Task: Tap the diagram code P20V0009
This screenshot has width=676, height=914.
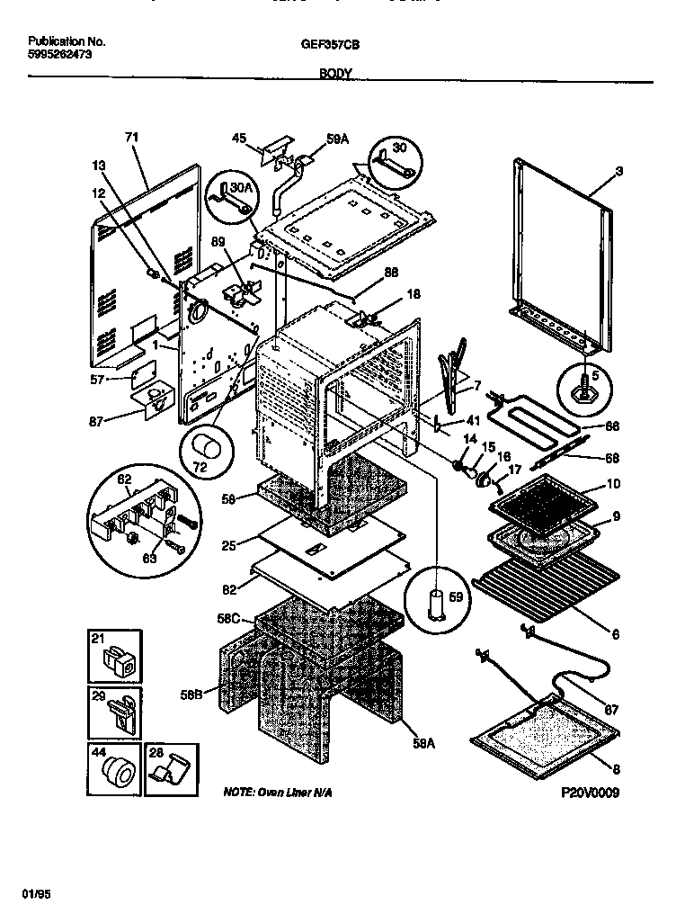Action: [590, 793]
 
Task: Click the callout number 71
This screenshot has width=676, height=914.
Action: [131, 138]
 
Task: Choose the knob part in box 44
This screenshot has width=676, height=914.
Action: [116, 770]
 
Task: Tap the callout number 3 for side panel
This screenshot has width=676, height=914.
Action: [619, 170]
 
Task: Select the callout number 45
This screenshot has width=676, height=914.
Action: [239, 139]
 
